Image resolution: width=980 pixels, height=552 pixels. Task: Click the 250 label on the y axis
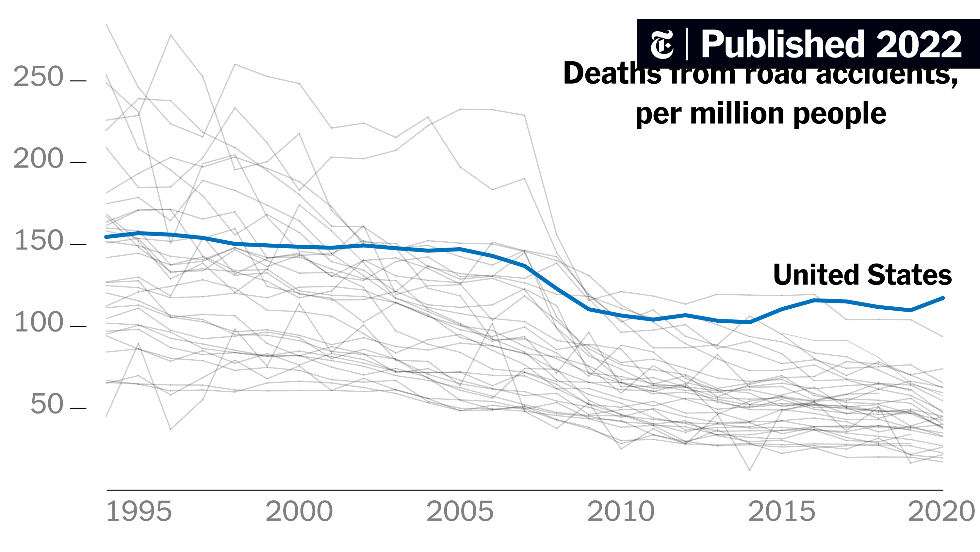(38, 77)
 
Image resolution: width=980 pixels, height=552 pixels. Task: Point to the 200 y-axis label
(38, 159)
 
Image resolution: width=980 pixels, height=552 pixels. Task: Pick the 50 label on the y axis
(47, 404)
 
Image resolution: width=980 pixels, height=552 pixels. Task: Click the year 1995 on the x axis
(139, 512)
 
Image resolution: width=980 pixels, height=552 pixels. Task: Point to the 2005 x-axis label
(460, 512)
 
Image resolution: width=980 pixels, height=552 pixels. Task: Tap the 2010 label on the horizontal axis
(621, 512)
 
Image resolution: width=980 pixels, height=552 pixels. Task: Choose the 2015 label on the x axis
(782, 512)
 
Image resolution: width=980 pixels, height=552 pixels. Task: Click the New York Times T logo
(661, 44)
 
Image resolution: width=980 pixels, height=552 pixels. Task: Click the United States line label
(862, 275)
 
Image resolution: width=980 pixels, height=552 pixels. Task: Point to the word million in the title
(737, 114)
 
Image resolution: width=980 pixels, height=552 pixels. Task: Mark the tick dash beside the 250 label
(78, 81)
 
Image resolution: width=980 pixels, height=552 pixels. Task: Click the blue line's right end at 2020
(943, 298)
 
